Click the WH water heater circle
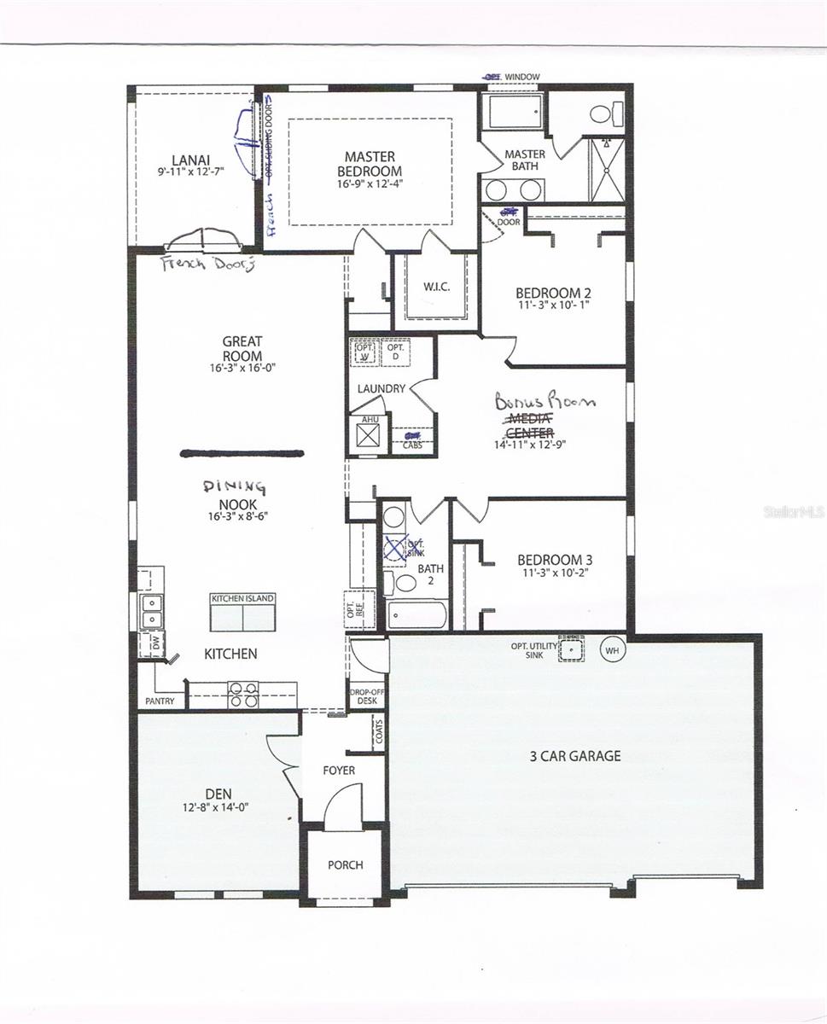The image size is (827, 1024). pos(612,650)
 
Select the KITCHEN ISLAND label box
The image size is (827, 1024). pos(243,599)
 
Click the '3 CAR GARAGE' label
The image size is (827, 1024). pos(575,756)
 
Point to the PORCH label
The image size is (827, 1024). pos(346,864)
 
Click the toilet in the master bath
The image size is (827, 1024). pos(606,113)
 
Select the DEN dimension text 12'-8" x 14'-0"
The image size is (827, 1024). pos(215,806)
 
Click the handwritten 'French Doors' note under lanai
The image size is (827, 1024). pos(208,264)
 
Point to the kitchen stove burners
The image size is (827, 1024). pos(243,695)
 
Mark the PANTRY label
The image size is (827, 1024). pos(160,701)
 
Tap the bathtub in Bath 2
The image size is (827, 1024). pos(416,615)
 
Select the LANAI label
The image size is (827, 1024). pos(185,160)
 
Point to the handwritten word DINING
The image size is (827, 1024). pos(235,486)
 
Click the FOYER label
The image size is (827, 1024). pos(339,771)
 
